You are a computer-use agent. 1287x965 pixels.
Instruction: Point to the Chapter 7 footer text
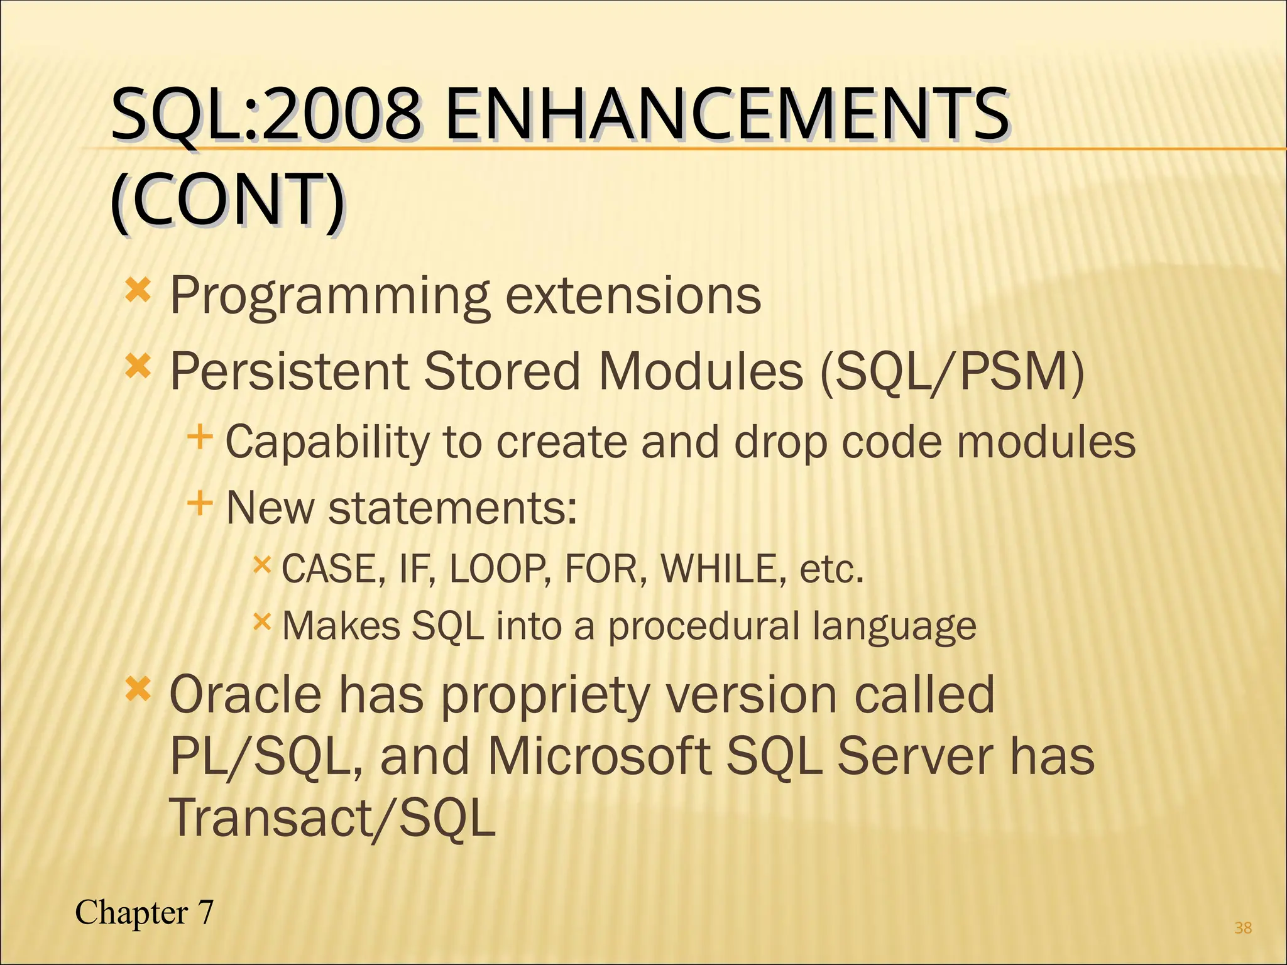point(145,912)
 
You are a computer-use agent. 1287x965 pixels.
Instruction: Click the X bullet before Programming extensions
point(138,291)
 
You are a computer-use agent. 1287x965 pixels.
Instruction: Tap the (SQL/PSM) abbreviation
point(953,371)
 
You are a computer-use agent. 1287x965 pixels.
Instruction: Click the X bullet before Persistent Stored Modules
point(138,367)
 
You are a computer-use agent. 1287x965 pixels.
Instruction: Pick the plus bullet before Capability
point(200,437)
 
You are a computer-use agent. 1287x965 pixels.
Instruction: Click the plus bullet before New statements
point(200,503)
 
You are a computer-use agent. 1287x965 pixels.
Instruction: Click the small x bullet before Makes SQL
point(261,622)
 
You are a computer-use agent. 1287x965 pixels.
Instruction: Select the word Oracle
point(246,695)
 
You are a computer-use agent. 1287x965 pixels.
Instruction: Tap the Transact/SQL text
point(332,817)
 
